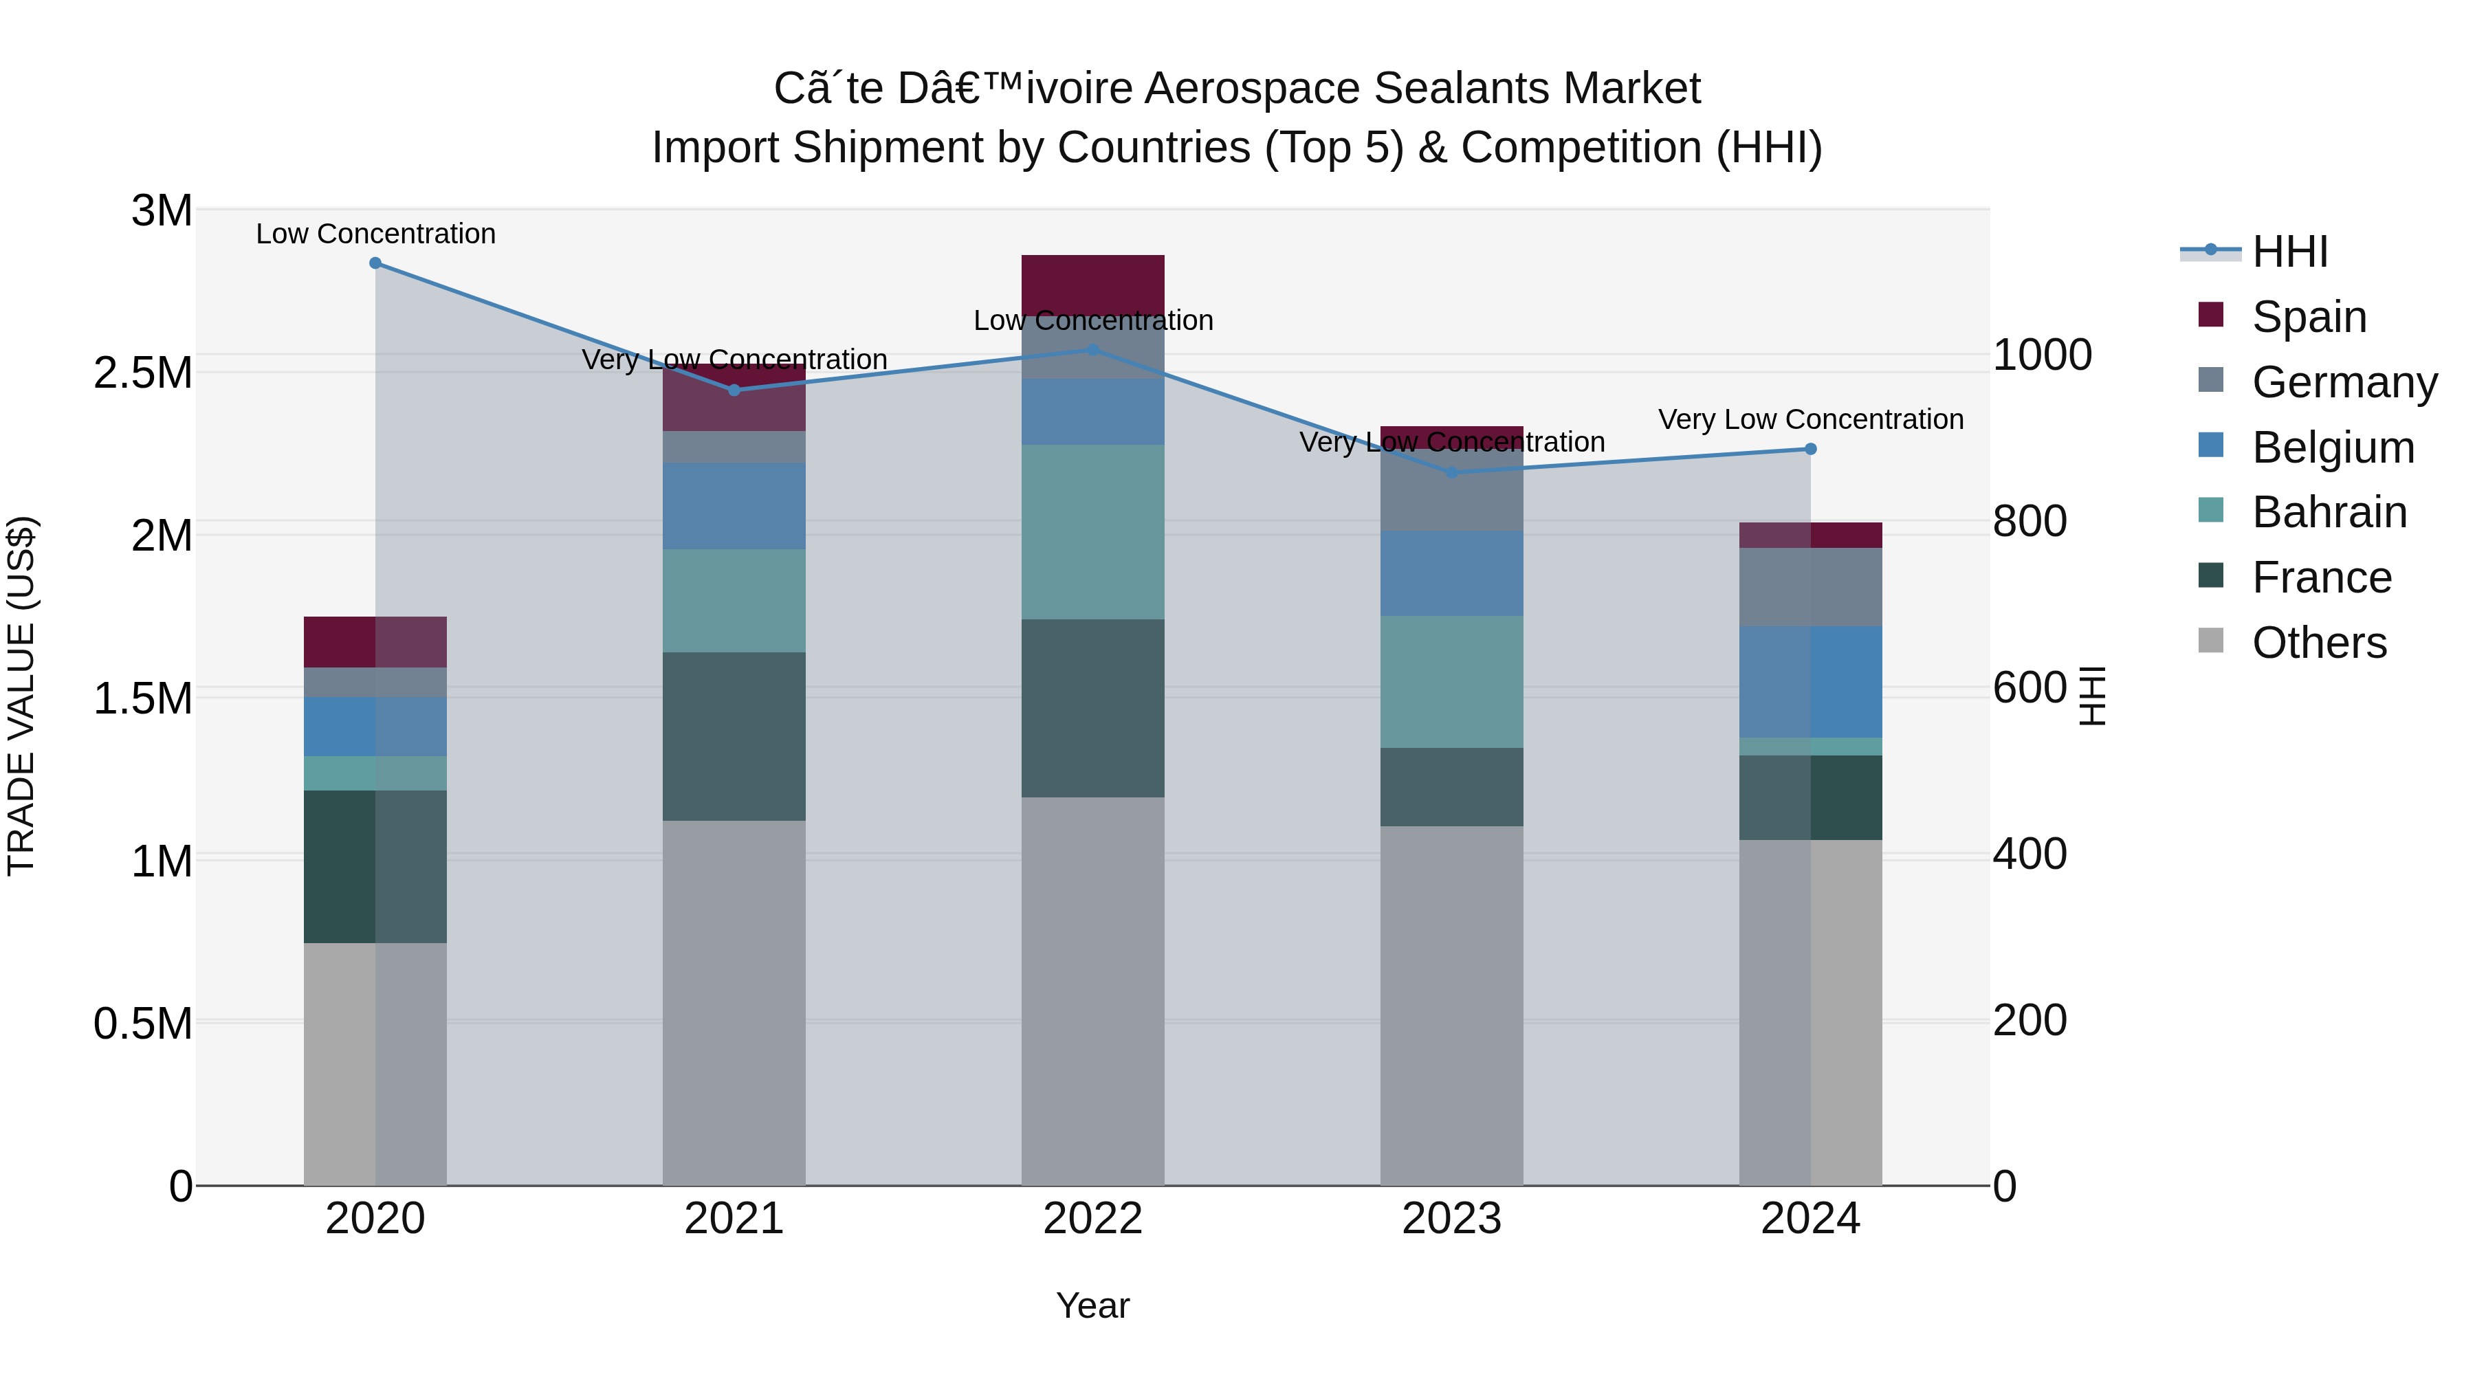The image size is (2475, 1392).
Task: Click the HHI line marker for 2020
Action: tap(375, 263)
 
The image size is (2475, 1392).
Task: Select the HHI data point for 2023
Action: tap(1452, 473)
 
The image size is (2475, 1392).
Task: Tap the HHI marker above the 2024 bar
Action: tap(1811, 449)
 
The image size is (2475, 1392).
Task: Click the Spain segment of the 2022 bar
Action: tap(1092, 285)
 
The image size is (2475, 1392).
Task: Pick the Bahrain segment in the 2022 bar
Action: tap(1092, 531)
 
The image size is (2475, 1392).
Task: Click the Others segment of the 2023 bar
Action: tap(1452, 1005)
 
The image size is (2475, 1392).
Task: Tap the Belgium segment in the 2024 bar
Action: tap(1811, 682)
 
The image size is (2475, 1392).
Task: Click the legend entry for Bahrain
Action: tap(2329, 512)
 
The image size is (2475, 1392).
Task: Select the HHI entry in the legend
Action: tap(2289, 252)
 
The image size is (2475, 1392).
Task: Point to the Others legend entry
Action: tap(2318, 643)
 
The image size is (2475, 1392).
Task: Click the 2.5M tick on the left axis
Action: tap(143, 373)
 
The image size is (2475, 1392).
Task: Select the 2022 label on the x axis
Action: tap(1092, 1219)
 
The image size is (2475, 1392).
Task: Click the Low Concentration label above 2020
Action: tap(375, 234)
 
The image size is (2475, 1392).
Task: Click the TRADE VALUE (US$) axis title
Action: tap(21, 696)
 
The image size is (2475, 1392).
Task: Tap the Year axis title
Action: tap(1092, 1305)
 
